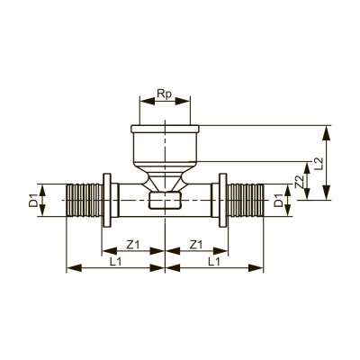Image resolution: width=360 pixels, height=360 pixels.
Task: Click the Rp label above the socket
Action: coord(164,93)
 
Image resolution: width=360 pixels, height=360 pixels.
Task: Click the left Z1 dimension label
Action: coord(132,244)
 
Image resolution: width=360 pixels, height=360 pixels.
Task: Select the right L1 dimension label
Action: coord(213,261)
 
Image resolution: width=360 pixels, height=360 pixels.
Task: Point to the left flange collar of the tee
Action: coord(108,203)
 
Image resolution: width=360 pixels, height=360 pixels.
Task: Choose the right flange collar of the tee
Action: coord(220,203)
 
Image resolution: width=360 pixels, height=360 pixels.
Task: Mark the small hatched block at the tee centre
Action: coord(165,197)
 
